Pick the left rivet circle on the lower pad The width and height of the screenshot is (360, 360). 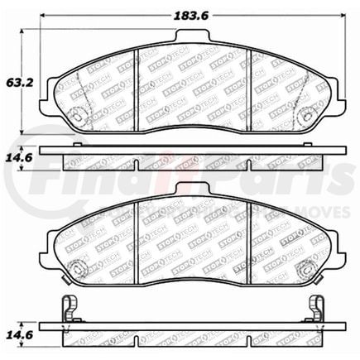[x=76, y=266]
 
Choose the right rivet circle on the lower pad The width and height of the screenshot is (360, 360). [x=312, y=266]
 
